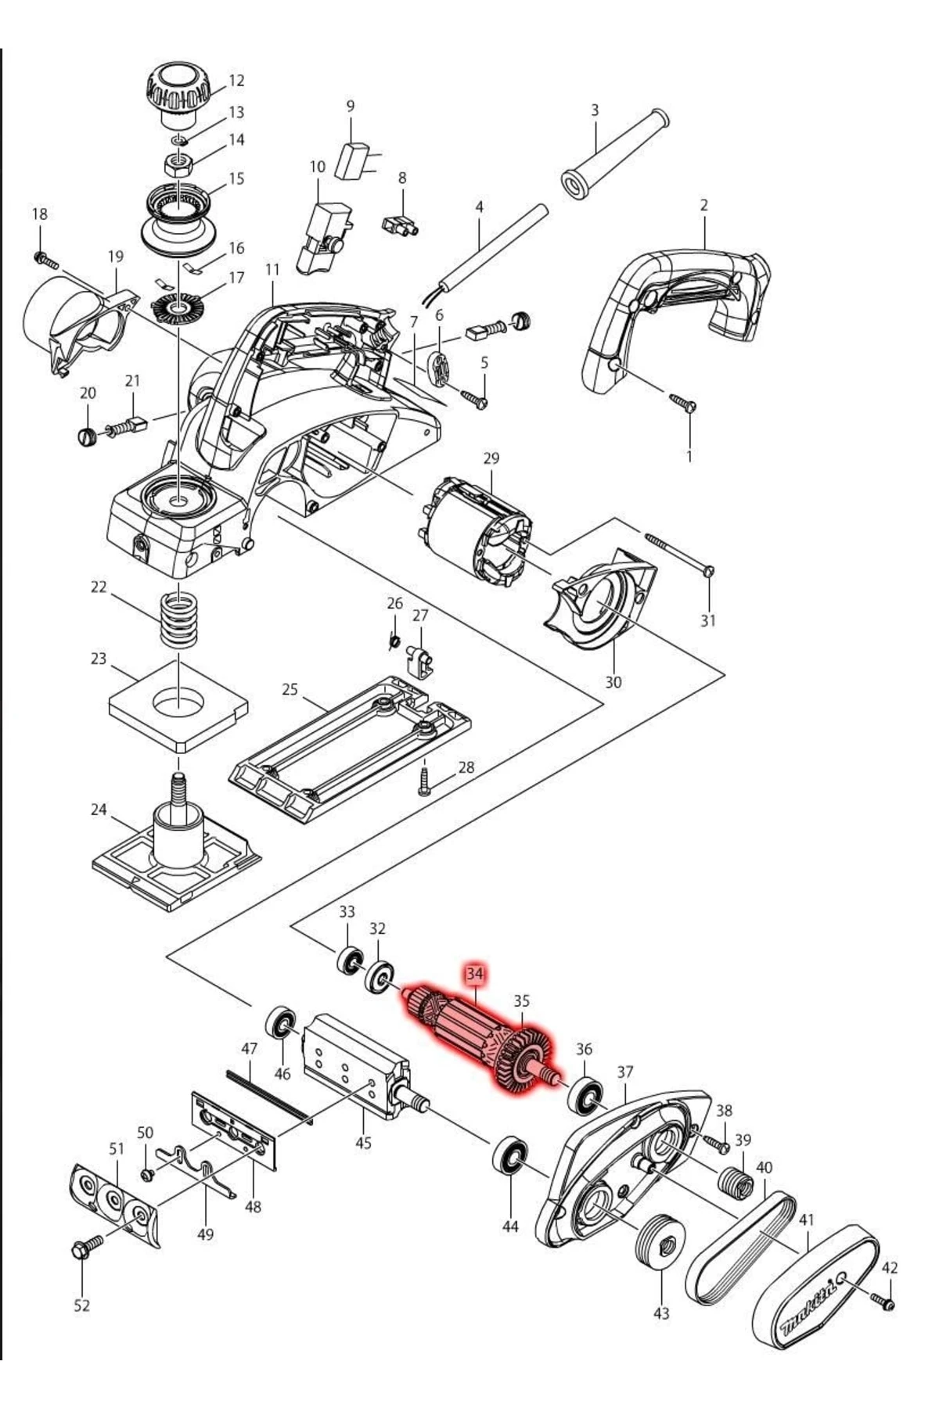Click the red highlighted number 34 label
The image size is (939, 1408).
[x=474, y=974]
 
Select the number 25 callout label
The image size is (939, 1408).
[x=290, y=689]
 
